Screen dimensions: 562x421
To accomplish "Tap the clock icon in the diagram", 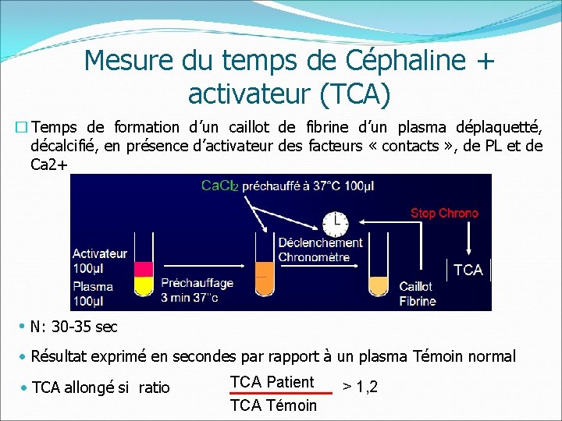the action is (336, 223).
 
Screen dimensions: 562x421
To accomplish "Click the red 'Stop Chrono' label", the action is (444, 213).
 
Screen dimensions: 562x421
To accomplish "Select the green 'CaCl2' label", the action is (220, 186).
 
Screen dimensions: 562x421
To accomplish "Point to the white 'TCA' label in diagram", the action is (468, 270).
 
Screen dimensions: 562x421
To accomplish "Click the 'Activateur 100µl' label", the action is (100, 260).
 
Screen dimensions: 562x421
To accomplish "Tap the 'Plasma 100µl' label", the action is (93, 293).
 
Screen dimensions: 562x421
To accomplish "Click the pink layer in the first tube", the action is (144, 269).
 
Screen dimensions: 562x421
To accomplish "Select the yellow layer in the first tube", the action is (144, 285).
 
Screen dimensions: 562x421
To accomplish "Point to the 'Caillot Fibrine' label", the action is (417, 294).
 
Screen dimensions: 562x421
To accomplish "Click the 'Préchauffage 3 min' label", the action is (195, 290).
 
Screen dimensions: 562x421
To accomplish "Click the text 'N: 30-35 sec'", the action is (74, 327).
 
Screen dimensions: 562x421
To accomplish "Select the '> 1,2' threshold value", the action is (360, 386).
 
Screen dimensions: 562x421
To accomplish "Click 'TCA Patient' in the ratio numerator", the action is (272, 382).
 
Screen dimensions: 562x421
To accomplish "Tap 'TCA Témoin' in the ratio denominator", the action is (274, 405).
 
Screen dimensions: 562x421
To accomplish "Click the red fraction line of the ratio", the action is (276, 394).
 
